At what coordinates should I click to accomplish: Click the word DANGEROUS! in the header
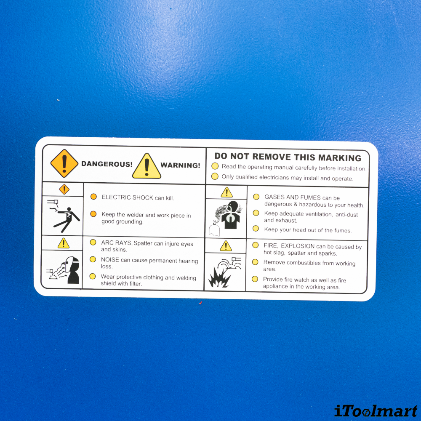click(x=107, y=164)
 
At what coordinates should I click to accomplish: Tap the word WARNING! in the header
click(x=180, y=165)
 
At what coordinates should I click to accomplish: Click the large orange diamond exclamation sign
click(x=64, y=163)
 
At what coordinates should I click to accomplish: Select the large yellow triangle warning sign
click(x=147, y=166)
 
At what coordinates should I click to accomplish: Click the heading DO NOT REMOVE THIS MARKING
click(x=288, y=157)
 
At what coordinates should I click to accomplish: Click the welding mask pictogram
click(x=65, y=270)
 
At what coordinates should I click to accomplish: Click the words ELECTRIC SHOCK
click(x=127, y=197)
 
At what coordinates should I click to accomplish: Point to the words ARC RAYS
click(x=116, y=243)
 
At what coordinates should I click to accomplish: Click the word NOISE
click(x=110, y=260)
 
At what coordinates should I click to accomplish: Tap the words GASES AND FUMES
click(x=293, y=197)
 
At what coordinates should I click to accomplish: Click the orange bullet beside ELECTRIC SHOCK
click(x=93, y=197)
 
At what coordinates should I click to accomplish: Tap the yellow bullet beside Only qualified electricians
click(x=215, y=176)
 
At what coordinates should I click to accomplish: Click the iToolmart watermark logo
click(x=376, y=411)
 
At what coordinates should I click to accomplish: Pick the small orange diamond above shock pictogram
click(x=64, y=189)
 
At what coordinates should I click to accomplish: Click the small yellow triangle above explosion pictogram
click(x=226, y=246)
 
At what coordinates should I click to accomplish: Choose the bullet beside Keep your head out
click(x=256, y=229)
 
